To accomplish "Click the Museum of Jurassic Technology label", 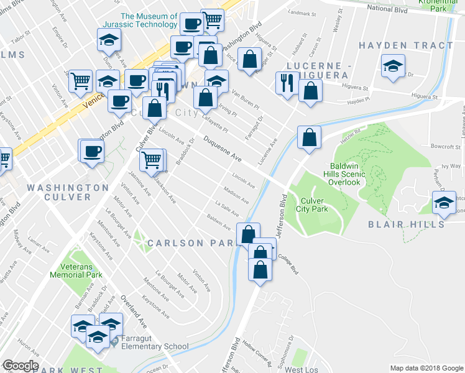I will click(149, 21).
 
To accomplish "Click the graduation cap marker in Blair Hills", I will click(444, 204).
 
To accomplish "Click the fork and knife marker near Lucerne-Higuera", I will click(287, 83).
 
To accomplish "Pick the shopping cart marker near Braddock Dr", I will click(152, 160).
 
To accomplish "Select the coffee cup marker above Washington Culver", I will click(92, 151).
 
